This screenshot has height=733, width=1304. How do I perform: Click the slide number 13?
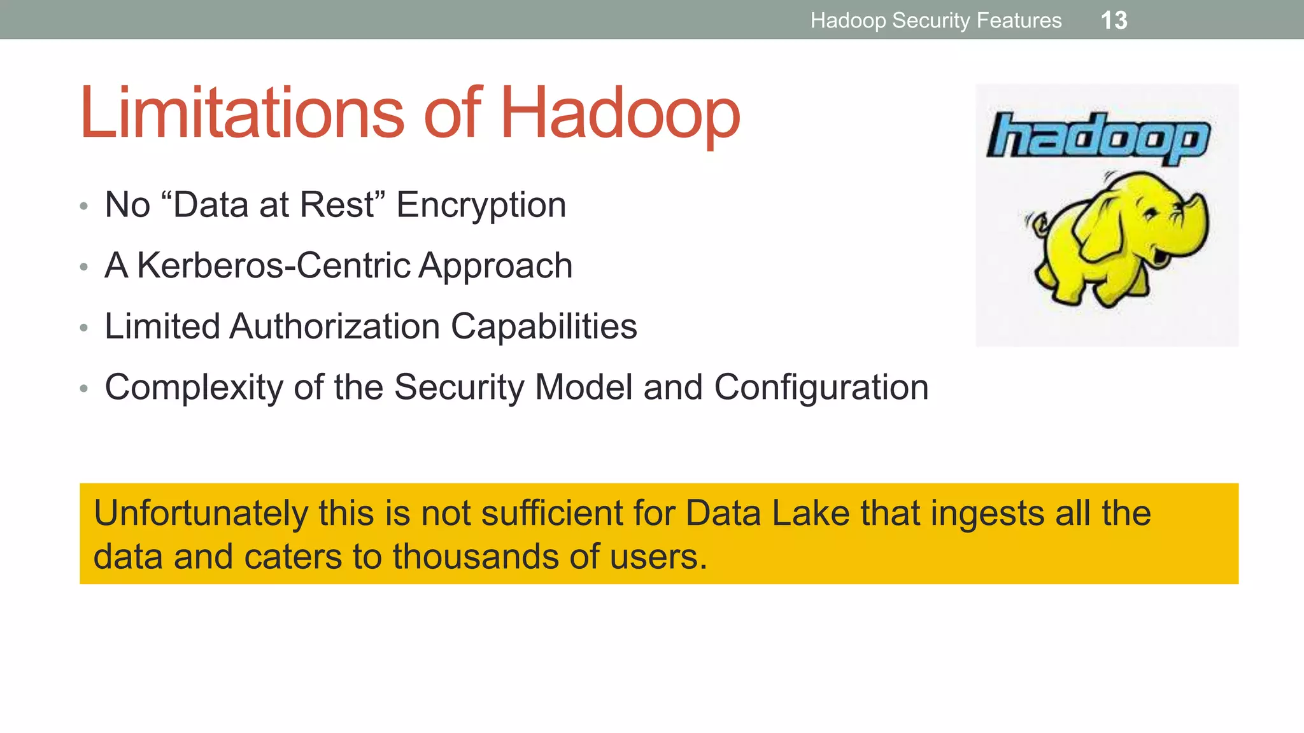[x=1114, y=20]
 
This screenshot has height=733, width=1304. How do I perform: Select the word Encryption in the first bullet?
[x=481, y=205]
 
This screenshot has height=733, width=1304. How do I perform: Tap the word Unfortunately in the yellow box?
[x=201, y=513]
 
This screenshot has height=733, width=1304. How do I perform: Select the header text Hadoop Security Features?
[x=935, y=20]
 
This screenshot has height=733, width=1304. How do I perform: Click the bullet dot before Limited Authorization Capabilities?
[x=83, y=328]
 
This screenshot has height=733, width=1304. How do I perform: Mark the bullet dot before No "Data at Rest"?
[x=83, y=206]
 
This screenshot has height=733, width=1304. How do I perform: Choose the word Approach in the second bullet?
[x=495, y=265]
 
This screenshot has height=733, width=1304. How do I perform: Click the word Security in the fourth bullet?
[x=460, y=387]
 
